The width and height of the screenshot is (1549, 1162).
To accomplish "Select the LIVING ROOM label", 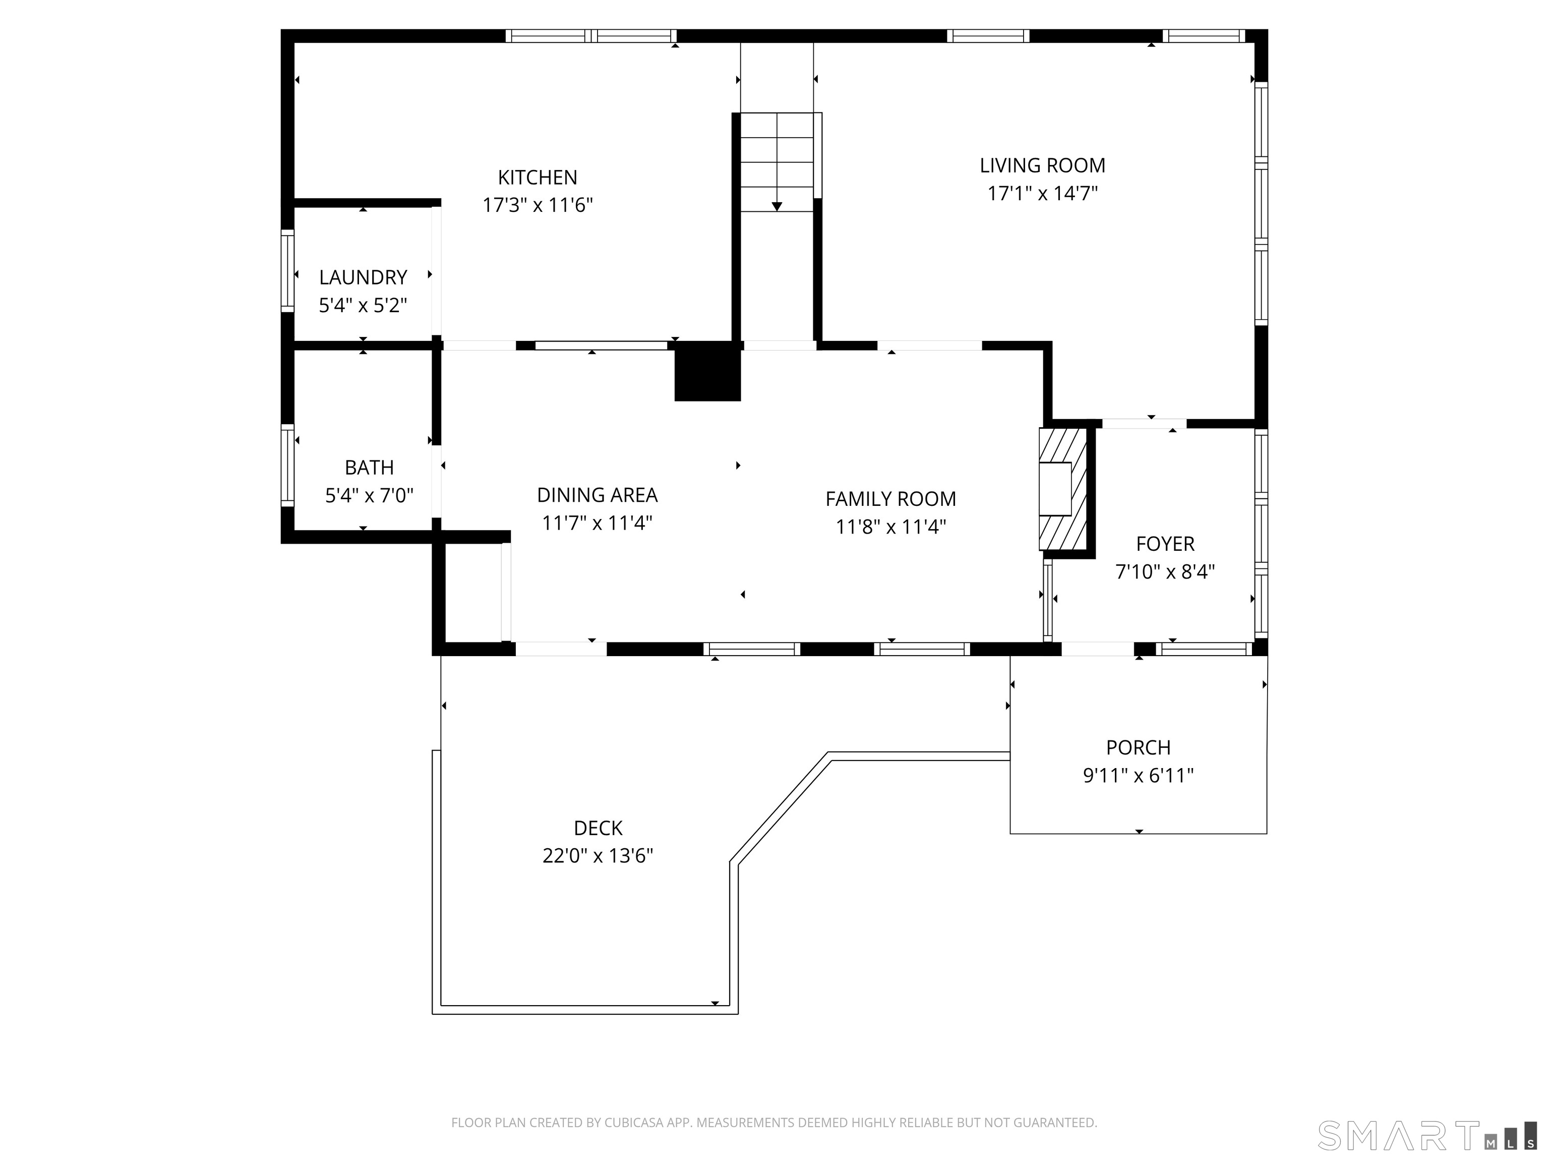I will point(1042,165).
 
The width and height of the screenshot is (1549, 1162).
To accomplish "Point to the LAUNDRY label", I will point(363,277).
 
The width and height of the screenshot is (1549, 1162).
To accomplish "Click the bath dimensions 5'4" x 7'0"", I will point(369,496).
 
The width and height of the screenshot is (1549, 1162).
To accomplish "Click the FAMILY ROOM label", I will point(890,499).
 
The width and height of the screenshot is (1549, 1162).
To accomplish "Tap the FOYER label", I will point(1165,544).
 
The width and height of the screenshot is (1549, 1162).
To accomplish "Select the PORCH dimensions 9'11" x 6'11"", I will point(1138,775).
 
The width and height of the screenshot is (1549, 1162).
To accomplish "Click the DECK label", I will point(598,828).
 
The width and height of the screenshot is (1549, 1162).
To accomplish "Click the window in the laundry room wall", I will point(287,271).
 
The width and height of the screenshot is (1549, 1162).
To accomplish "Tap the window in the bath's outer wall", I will point(287,465).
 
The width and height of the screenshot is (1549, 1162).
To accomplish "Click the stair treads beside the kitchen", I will point(777,161).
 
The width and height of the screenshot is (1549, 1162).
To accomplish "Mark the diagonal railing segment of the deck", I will point(780,808).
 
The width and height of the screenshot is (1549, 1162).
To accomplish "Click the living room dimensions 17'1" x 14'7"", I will point(1042,193).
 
